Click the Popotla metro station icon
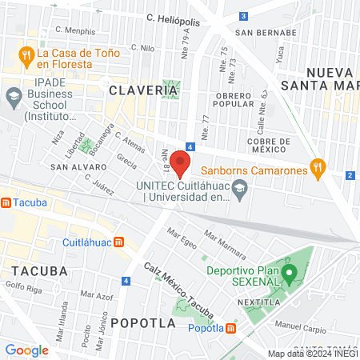pyautogui.click(x=231, y=328)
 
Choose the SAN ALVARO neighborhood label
pyautogui.click(x=74, y=167)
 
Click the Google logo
pyautogui.click(x=26, y=350)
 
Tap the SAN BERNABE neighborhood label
pyautogui.click(x=260, y=33)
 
